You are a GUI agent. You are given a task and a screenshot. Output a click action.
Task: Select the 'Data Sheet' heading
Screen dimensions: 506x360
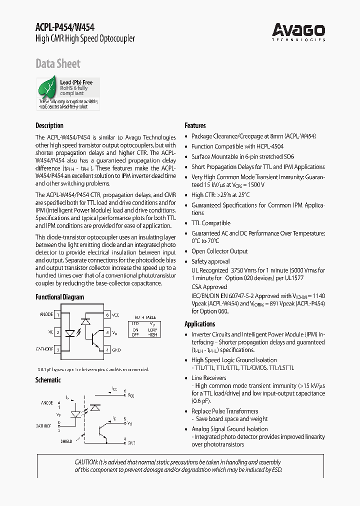point(57,63)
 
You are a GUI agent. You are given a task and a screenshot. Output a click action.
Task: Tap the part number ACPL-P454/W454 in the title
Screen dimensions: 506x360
point(65,28)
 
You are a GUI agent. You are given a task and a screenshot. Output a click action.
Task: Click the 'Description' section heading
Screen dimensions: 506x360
point(49,125)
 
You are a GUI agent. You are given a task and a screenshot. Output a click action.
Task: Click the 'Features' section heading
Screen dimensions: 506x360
point(195,125)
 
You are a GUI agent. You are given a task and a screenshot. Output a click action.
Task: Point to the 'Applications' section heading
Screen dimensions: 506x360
point(199,324)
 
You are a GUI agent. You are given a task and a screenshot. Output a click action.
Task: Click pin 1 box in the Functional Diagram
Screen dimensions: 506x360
point(58,315)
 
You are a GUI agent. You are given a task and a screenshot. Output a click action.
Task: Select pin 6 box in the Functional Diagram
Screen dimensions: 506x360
point(107,315)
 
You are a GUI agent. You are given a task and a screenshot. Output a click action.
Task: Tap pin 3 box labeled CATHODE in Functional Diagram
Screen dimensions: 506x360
point(58,350)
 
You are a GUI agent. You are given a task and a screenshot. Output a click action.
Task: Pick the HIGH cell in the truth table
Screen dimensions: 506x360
point(152,334)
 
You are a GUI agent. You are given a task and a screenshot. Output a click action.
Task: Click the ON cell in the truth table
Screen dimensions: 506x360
point(135,330)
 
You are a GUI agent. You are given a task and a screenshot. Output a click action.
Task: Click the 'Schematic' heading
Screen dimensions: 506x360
point(47,380)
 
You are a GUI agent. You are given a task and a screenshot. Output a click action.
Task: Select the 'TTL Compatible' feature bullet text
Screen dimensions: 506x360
point(210,223)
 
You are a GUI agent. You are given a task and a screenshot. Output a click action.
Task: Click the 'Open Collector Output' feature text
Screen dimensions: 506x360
point(219,251)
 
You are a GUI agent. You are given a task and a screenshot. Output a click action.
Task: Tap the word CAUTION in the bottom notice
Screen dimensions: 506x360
point(87,462)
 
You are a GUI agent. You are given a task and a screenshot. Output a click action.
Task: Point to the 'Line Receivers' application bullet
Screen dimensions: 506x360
point(208,378)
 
